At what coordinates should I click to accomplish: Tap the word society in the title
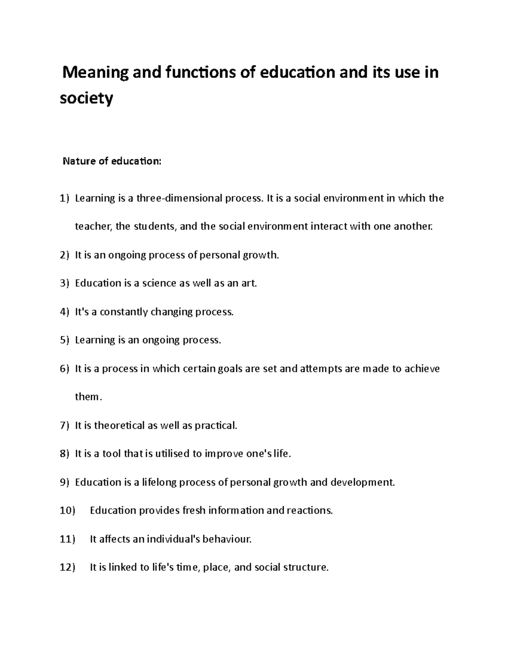point(87,99)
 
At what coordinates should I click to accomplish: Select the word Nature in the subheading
point(76,161)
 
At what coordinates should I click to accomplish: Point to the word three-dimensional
point(179,198)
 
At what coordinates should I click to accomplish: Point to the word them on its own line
point(87,397)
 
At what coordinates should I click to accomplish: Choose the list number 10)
point(67,511)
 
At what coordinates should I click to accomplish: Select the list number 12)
point(67,567)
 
